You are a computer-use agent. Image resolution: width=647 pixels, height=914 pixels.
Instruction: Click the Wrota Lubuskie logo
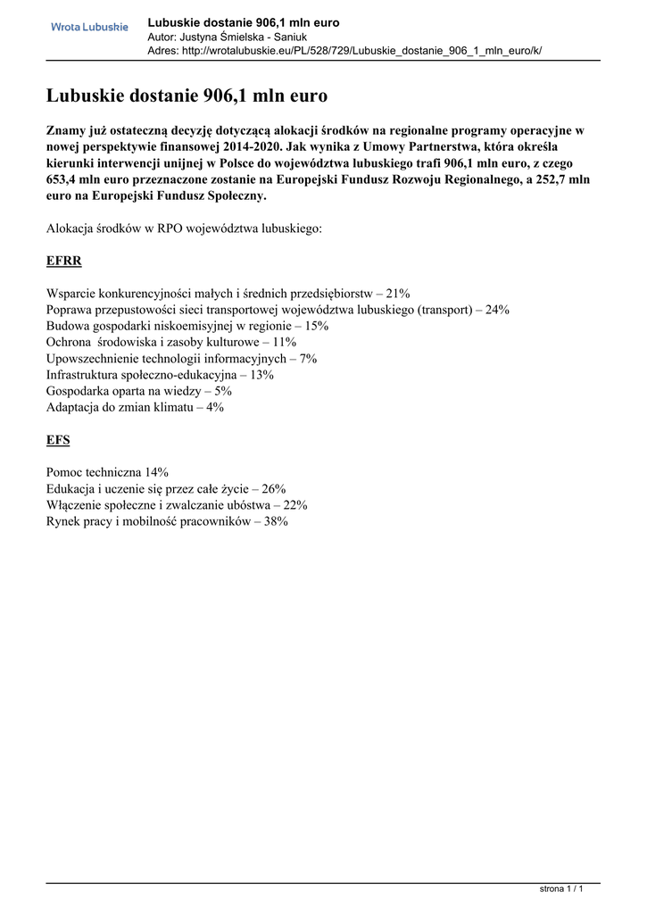(x=89, y=27)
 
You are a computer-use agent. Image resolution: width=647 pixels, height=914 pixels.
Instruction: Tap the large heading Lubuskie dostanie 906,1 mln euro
(x=187, y=96)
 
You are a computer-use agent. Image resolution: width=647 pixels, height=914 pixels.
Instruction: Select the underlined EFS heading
(x=58, y=440)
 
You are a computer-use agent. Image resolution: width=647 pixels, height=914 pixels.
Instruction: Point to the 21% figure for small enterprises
(x=398, y=293)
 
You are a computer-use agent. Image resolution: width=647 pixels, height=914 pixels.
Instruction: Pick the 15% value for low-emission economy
(x=317, y=326)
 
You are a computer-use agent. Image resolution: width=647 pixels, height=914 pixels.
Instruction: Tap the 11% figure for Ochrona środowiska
(x=285, y=342)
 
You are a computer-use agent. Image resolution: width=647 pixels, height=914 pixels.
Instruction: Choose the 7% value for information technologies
(x=309, y=358)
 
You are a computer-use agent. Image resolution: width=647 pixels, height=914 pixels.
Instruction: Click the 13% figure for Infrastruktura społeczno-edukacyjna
(x=262, y=375)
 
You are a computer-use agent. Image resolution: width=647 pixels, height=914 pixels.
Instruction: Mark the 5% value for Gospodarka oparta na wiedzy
(x=224, y=391)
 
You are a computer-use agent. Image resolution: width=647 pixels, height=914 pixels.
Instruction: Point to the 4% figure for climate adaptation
(x=215, y=407)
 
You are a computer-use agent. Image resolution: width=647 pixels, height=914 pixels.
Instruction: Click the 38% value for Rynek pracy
(x=276, y=521)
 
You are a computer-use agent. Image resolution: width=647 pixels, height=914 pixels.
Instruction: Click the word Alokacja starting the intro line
(x=70, y=228)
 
